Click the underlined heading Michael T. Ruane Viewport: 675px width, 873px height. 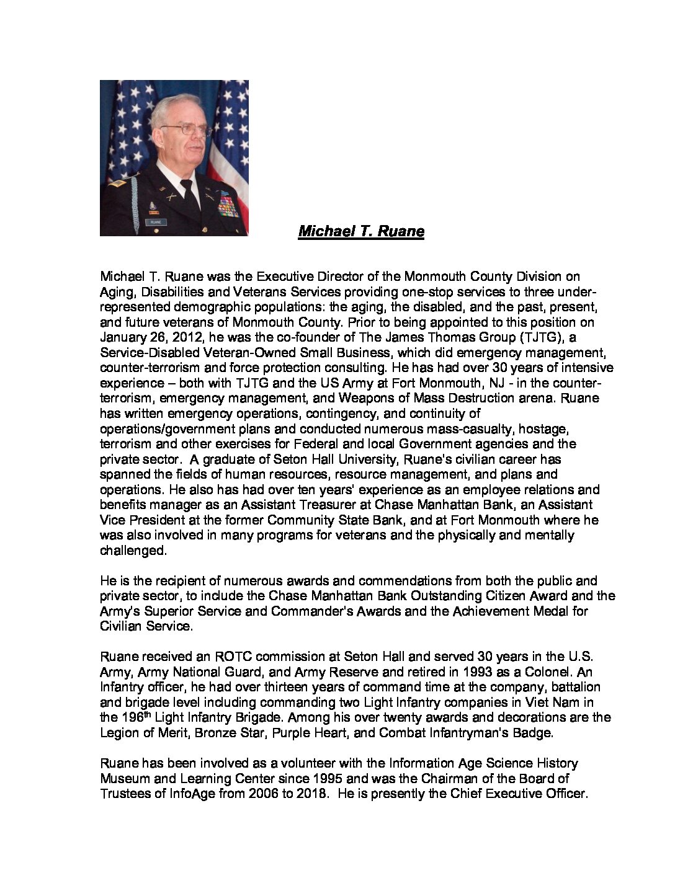point(361,232)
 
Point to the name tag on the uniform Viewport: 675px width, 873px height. point(154,221)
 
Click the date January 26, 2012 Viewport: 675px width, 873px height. point(139,337)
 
